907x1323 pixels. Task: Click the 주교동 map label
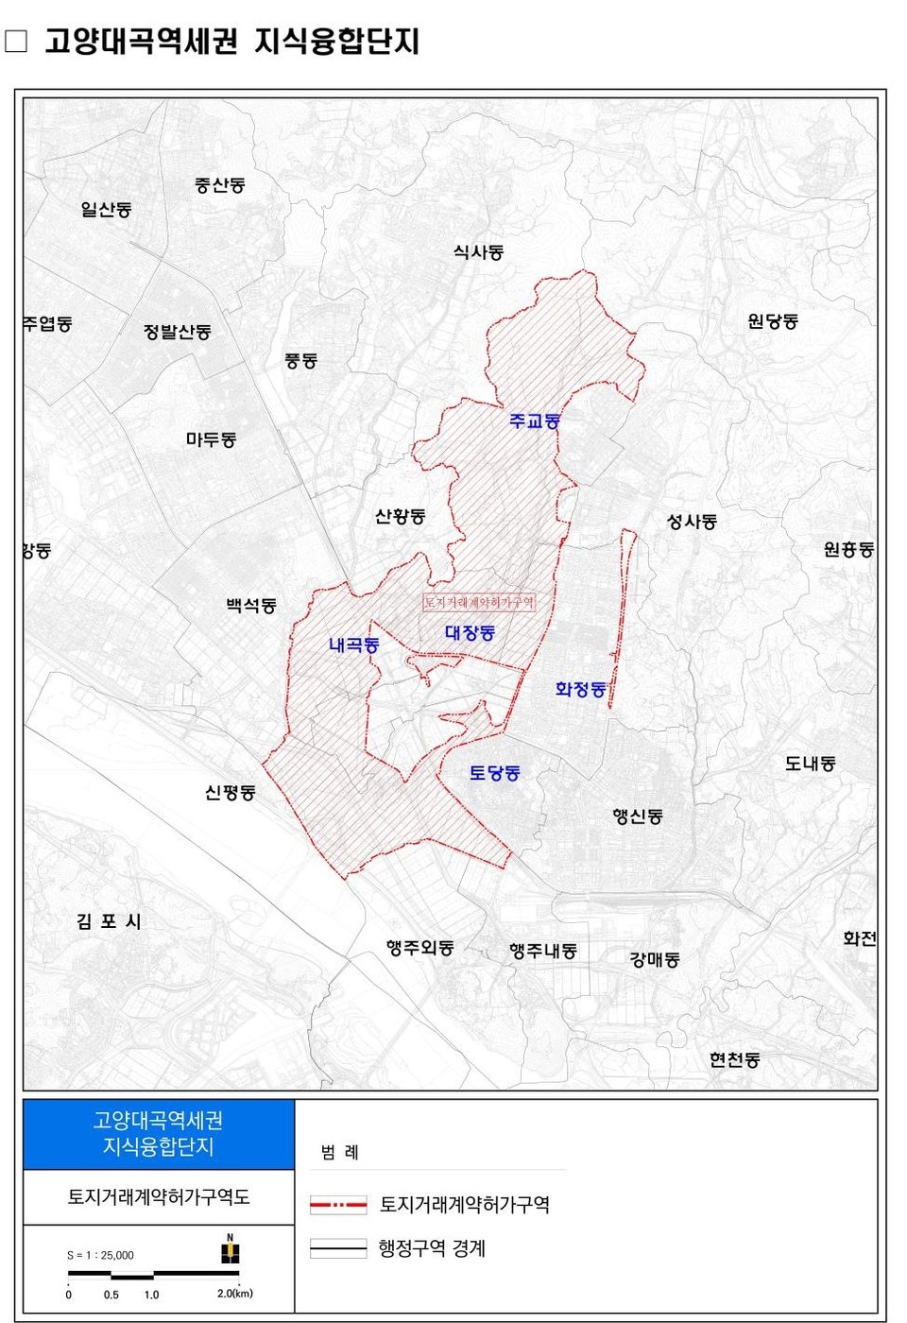pos(535,421)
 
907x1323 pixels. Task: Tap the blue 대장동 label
pos(470,633)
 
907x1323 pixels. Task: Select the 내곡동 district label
pos(354,645)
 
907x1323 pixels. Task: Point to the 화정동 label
pos(580,690)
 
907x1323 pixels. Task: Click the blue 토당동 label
pos(494,773)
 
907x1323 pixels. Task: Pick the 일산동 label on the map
pos(106,210)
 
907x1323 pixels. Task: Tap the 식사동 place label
pos(478,252)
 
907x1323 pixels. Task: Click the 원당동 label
pos(773,321)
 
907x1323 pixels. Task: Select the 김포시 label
pos(109,921)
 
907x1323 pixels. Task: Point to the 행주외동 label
pos(419,947)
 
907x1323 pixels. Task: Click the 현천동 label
pos(734,1060)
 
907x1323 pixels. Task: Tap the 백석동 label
pos(251,606)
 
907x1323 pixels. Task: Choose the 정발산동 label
pos(178,332)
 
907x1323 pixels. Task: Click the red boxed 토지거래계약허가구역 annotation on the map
pos(479,602)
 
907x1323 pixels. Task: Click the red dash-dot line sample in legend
pos(338,1205)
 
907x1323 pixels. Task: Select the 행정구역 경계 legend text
pos(432,1248)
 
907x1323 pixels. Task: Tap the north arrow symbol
pos(230,1250)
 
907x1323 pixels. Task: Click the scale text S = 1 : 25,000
pos(100,1255)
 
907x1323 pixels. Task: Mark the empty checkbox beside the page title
pos(16,42)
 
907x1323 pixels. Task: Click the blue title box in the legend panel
pos(159,1134)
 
